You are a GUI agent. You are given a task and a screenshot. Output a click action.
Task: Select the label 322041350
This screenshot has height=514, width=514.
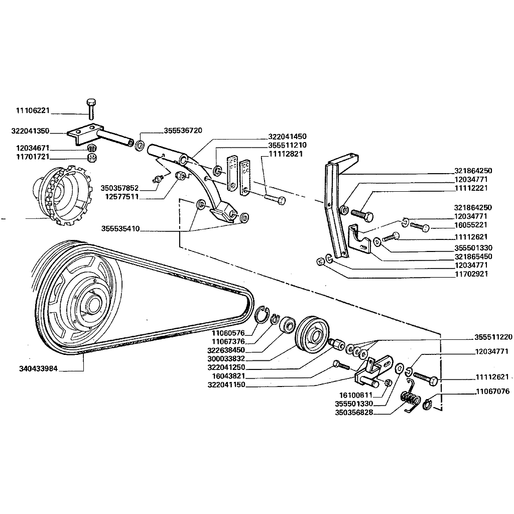[x=30, y=131]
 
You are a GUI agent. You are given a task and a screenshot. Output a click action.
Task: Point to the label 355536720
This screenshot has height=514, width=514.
[x=183, y=131]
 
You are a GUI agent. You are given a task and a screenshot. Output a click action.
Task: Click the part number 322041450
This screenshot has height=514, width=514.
[x=287, y=136]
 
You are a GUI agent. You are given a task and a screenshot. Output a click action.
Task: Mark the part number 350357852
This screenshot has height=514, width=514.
[x=119, y=188]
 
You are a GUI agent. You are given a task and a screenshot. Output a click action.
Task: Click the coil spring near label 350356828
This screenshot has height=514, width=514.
[x=411, y=400]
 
